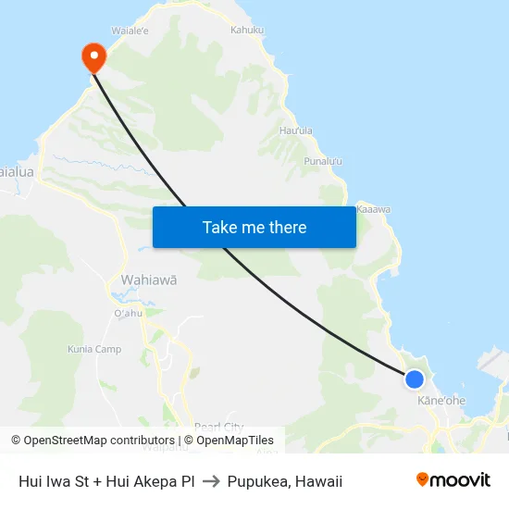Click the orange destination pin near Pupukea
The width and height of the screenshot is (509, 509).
point(93,57)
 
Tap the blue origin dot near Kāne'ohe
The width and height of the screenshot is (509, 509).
point(415,379)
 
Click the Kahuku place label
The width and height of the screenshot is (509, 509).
point(247,30)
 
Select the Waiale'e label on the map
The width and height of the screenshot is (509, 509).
point(130,31)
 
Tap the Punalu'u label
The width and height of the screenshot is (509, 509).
point(324,161)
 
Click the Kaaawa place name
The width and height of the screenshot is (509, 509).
point(373,209)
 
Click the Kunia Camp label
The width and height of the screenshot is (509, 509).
point(94,349)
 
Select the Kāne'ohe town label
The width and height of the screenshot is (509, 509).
point(441,401)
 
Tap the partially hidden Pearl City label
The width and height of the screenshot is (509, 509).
point(219,427)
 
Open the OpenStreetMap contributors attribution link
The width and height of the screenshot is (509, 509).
point(93,441)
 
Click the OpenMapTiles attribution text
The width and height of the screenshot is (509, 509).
point(229,441)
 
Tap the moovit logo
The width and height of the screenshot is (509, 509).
point(453,480)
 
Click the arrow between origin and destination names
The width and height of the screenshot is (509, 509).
point(210,481)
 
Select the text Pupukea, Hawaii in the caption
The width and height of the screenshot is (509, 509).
point(284,481)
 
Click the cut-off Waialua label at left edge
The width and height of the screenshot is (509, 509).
point(17,172)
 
